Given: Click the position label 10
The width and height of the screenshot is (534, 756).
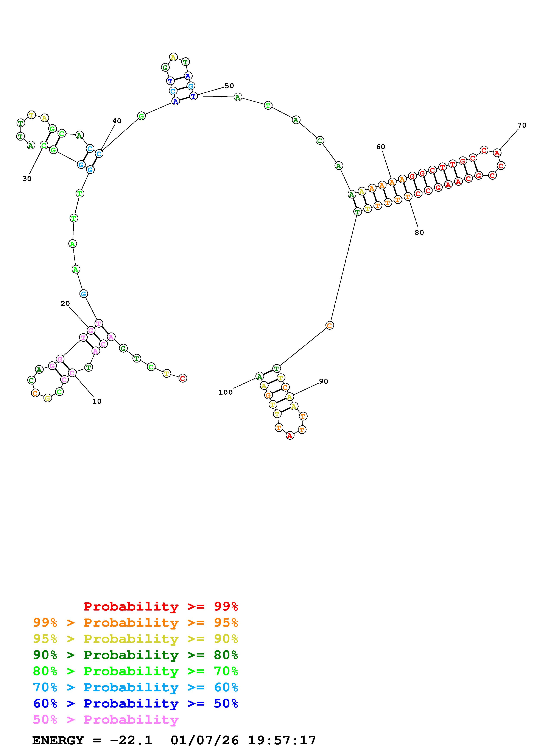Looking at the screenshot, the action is [x=97, y=401].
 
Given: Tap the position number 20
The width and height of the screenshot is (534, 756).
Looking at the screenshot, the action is [x=65, y=303].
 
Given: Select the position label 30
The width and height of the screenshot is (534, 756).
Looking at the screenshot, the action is [x=27, y=178].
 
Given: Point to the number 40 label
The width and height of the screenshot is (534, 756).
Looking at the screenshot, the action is [x=117, y=121].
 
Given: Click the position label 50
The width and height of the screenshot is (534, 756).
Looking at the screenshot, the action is [x=229, y=86].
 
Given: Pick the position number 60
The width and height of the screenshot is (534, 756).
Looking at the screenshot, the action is [x=381, y=147].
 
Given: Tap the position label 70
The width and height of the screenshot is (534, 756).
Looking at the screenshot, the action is [x=522, y=125].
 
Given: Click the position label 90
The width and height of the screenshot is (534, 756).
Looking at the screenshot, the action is [x=323, y=381].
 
